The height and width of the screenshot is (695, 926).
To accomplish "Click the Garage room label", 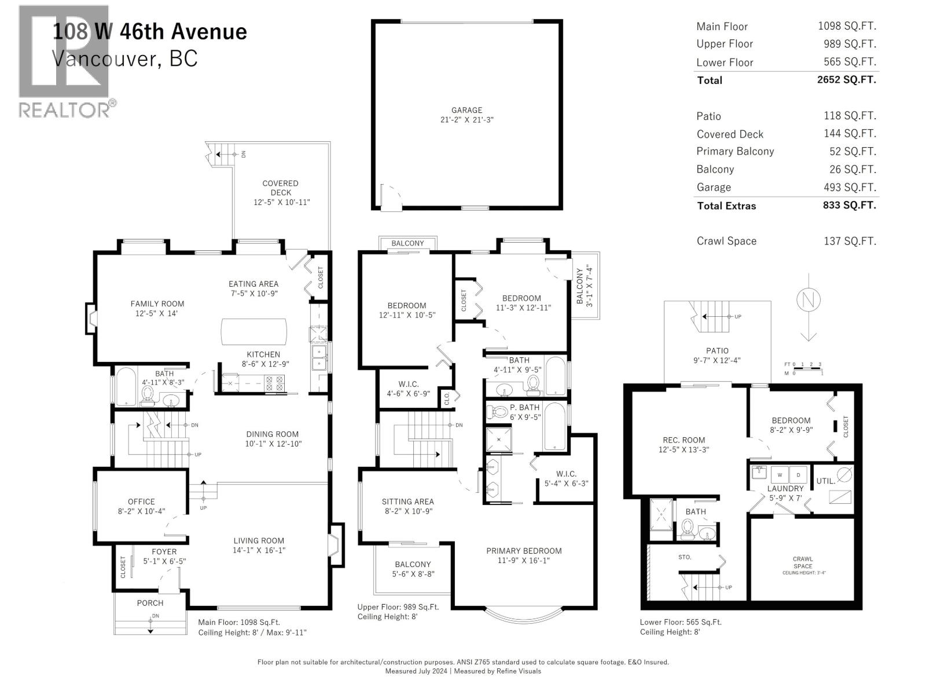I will click(466, 110).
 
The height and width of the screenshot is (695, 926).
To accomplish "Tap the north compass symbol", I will click(808, 299).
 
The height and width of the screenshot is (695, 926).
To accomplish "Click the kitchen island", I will click(254, 332).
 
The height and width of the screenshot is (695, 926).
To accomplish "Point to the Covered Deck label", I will click(280, 188).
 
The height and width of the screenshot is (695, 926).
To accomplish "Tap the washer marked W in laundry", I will click(780, 475).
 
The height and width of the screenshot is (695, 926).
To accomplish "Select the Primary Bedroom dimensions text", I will click(524, 560).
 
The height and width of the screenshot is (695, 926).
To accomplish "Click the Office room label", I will click(141, 502).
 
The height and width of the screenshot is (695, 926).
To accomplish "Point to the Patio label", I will click(717, 350).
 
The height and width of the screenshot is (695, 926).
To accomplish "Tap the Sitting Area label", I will click(407, 502).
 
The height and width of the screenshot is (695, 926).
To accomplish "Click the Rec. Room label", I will click(684, 440).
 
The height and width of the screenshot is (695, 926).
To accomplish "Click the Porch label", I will click(150, 603).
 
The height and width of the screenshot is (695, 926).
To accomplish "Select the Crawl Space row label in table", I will click(726, 241).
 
